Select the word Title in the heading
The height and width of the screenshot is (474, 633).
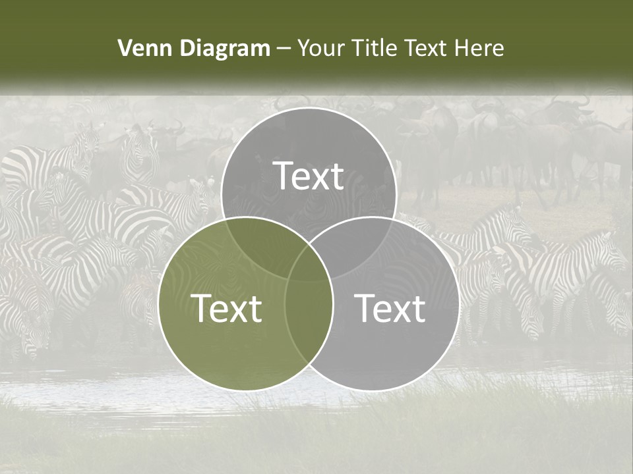coord(376,48)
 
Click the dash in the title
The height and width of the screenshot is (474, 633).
coord(284,49)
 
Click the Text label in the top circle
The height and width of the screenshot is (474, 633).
coord(309,176)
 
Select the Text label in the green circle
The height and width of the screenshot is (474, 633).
coord(226,308)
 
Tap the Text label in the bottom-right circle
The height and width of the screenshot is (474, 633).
coord(390,308)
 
